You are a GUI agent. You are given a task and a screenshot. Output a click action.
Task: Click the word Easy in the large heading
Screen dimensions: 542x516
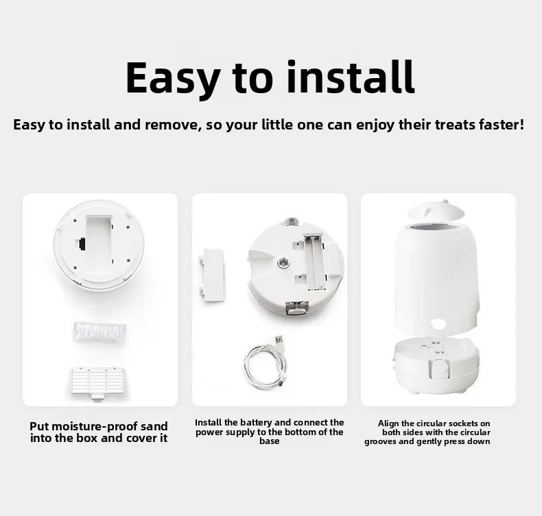(x=173, y=79)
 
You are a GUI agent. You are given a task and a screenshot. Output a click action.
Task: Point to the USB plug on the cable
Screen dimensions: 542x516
(x=279, y=341)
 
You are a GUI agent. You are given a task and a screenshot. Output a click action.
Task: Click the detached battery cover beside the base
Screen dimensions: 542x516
(x=211, y=275)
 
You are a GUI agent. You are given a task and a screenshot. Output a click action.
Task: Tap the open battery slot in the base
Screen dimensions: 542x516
(x=314, y=262)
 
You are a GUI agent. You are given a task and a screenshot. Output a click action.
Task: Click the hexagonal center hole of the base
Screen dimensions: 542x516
(x=283, y=264)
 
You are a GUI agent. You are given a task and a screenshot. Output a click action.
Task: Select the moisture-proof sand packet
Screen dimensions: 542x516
(x=99, y=332)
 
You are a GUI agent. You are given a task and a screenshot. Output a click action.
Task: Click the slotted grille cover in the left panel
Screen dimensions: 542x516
(x=98, y=383)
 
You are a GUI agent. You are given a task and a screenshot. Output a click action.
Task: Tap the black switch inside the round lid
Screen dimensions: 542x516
(x=81, y=244)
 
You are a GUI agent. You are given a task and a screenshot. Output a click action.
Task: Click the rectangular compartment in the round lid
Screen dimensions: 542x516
(x=99, y=241)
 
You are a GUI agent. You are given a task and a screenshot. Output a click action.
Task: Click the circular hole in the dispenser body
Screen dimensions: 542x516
(x=438, y=323)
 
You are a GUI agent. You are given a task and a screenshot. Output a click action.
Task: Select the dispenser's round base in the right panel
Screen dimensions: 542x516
(x=436, y=365)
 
